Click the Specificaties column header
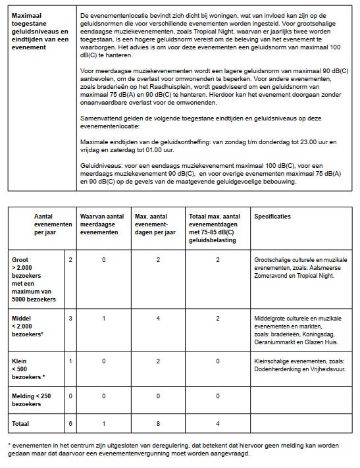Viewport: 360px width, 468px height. [272, 217]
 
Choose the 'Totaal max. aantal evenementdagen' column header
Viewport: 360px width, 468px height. [216, 225]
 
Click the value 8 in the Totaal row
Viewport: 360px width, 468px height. [158, 423]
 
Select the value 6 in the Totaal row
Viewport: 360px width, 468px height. [70, 423]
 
